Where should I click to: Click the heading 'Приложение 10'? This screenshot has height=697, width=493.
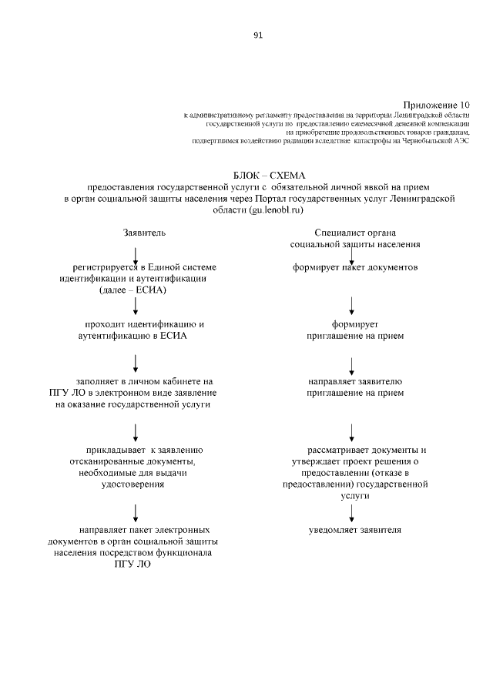point(436,104)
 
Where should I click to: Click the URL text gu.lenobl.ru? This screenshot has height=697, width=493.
point(275,209)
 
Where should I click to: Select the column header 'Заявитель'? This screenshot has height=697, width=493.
point(144,232)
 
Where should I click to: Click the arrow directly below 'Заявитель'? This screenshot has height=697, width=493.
point(136,255)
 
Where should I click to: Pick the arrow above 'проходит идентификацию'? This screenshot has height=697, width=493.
point(136,307)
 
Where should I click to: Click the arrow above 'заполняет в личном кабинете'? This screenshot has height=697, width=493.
point(136,361)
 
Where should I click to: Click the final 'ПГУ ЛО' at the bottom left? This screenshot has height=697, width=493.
point(132,565)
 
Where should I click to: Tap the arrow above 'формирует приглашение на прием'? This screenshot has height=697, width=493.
point(352,307)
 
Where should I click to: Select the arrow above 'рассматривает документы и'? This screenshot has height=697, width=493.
point(352,431)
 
